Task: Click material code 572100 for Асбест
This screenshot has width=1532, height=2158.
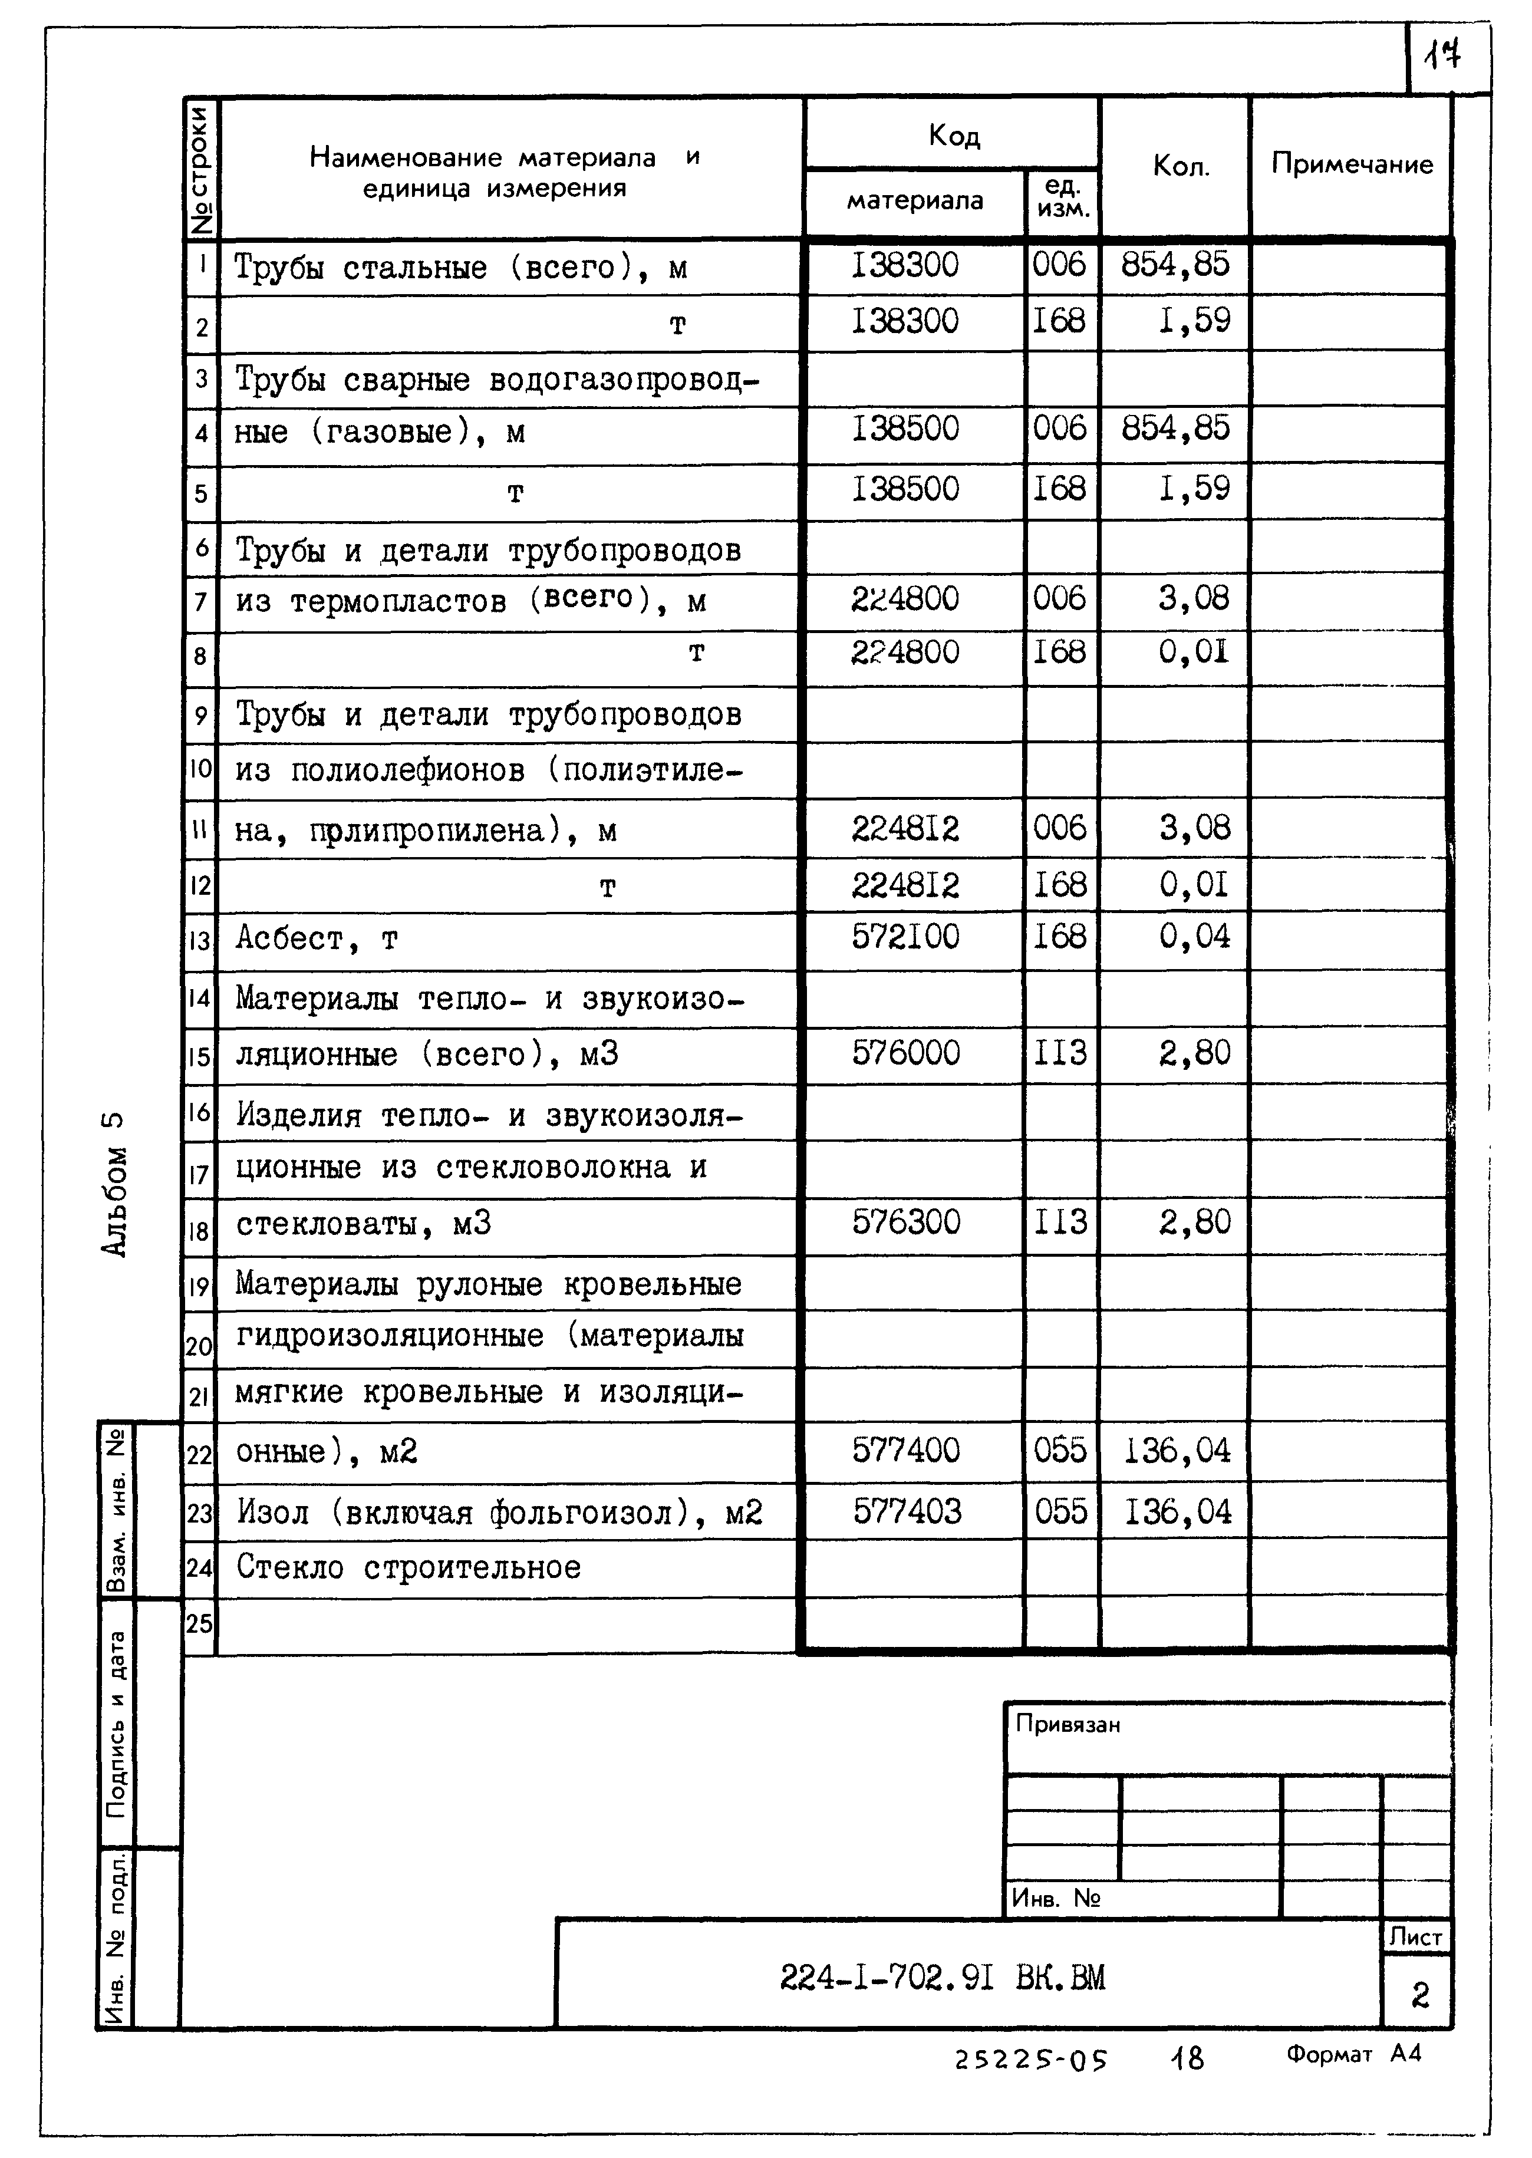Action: point(905,937)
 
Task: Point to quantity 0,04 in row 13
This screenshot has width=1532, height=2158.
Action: point(1194,937)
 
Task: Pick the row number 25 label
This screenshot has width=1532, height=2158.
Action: point(199,1623)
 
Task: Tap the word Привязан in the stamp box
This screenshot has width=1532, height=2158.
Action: point(1068,1724)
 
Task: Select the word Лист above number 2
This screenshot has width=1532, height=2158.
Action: point(1416,1938)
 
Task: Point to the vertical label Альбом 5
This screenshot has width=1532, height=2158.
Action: point(113,1184)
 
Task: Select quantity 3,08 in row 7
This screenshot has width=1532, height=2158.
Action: point(1194,598)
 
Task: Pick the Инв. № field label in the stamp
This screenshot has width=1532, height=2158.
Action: point(1056,1897)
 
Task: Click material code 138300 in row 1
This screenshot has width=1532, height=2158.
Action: point(905,265)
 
